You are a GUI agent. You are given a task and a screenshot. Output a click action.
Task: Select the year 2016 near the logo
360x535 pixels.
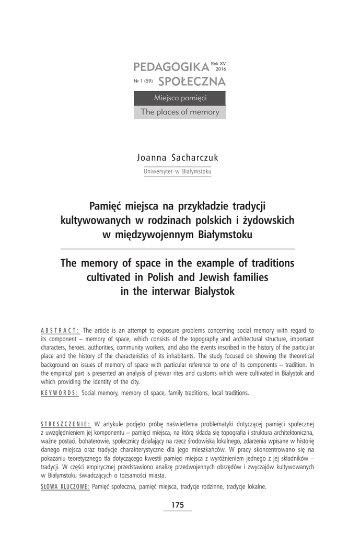click(x=220, y=68)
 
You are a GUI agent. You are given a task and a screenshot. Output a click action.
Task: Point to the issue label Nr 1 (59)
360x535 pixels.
click(x=143, y=82)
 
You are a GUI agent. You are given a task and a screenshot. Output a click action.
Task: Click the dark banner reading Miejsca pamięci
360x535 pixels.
click(x=180, y=98)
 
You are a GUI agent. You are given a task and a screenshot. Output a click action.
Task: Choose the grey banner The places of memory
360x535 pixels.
click(x=180, y=112)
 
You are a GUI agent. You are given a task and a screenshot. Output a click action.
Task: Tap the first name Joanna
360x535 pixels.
click(x=152, y=158)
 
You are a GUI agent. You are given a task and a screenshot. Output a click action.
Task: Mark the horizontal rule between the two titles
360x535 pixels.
click(x=178, y=248)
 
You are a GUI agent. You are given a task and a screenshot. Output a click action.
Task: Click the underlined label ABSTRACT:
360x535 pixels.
click(x=59, y=330)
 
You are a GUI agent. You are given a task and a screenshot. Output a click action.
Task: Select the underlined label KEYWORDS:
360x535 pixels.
click(x=59, y=392)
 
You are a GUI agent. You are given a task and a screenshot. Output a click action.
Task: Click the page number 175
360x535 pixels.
click(x=178, y=505)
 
